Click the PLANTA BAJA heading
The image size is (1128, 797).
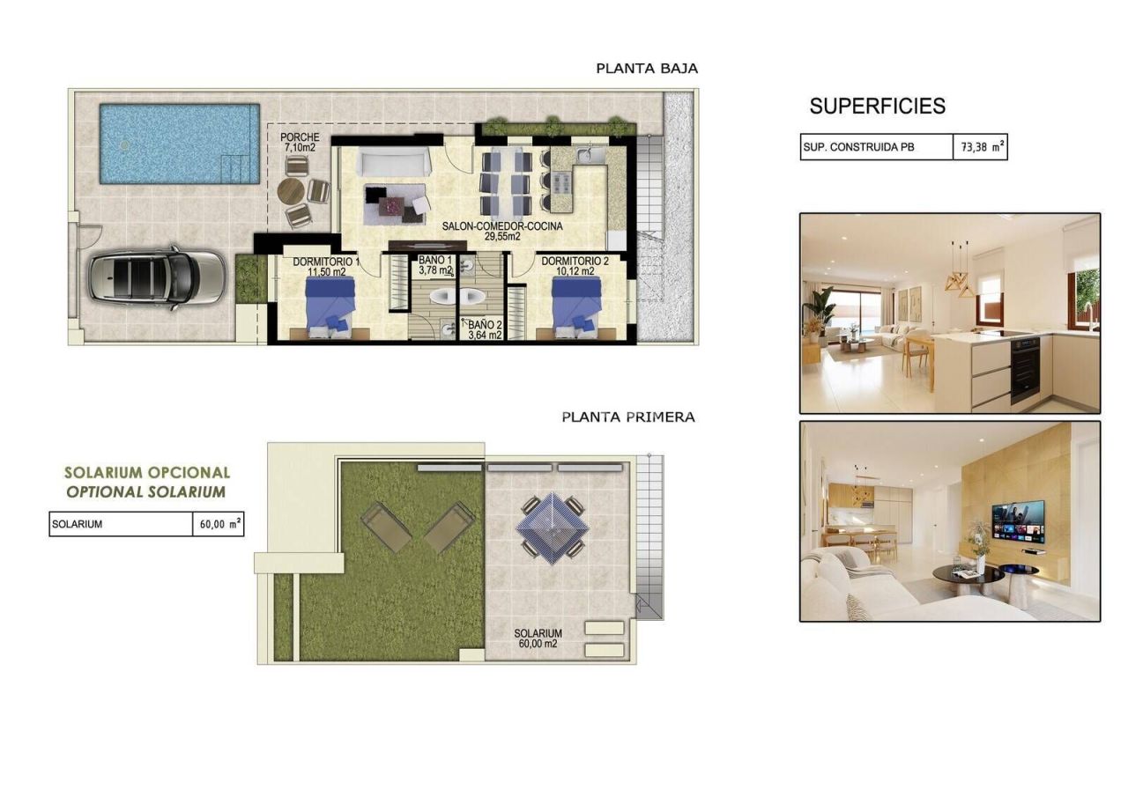pyautogui.click(x=647, y=68)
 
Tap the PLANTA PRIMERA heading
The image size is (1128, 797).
pyautogui.click(x=628, y=417)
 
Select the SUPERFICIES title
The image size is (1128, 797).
pyautogui.click(x=877, y=107)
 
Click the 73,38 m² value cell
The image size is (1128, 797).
pyautogui.click(x=979, y=148)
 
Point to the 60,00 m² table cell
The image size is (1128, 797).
pyautogui.click(x=218, y=524)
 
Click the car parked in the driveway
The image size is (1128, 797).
pyautogui.click(x=156, y=276)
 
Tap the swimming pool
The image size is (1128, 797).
pyautogui.click(x=179, y=144)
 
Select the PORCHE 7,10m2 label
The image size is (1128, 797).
pyautogui.click(x=300, y=143)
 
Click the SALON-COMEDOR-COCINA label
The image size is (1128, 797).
pyautogui.click(x=502, y=231)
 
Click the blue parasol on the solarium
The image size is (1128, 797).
pyautogui.click(x=553, y=527)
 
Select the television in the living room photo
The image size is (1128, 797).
pyautogui.click(x=1017, y=520)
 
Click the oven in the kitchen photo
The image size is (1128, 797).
pyautogui.click(x=1024, y=367)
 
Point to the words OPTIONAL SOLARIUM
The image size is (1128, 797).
pyautogui.click(x=145, y=492)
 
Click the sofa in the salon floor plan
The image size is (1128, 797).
pyautogui.click(x=393, y=162)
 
